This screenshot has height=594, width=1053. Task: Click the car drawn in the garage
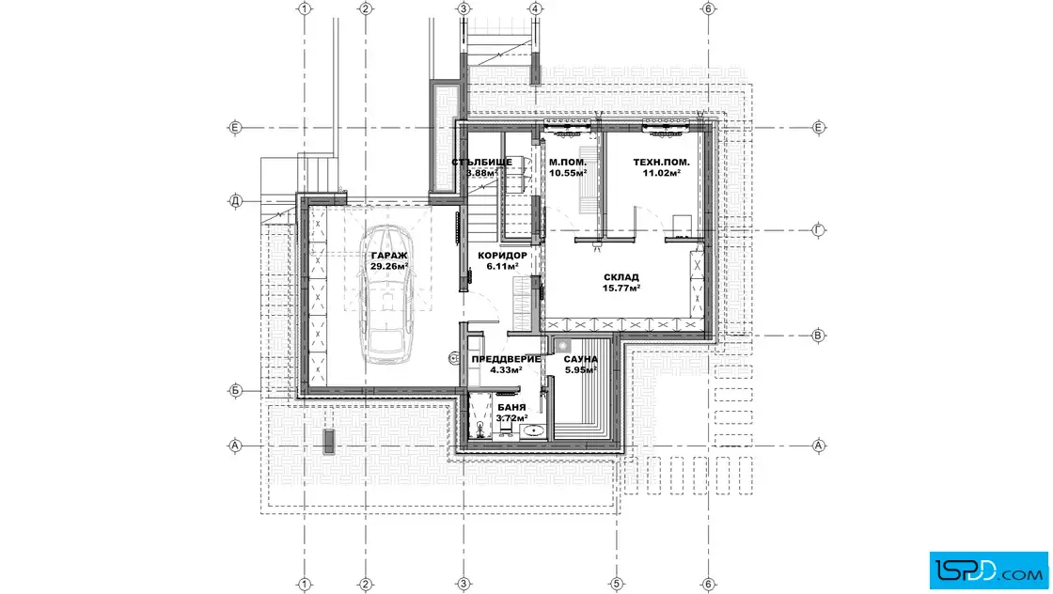point(389,294)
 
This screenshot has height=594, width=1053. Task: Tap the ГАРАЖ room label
point(389,256)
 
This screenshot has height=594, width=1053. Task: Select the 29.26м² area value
point(389,267)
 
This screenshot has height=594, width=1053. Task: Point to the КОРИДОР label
point(502,256)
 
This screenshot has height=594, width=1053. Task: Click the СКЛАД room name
point(621,277)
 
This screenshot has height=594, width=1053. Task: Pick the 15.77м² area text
point(621,288)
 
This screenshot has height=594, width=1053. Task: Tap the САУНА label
point(581,360)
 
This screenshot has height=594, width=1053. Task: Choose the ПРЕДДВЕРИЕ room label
point(506,359)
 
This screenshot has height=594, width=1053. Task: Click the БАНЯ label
point(511,407)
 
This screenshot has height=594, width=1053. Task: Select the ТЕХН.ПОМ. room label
point(662,163)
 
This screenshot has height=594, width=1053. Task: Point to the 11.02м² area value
point(662,173)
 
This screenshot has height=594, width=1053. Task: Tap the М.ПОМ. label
point(568,163)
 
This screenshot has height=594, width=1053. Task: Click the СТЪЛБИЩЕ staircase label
point(482,163)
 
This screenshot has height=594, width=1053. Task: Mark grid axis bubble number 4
point(535,8)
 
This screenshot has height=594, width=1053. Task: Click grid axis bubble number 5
point(616,584)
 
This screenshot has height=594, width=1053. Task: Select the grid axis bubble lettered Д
point(235,201)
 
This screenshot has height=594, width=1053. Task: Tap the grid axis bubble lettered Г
point(819,230)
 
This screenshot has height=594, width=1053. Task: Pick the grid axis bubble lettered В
point(818,336)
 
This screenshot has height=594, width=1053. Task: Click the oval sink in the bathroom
point(533,430)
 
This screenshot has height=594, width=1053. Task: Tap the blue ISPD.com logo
point(988,571)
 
